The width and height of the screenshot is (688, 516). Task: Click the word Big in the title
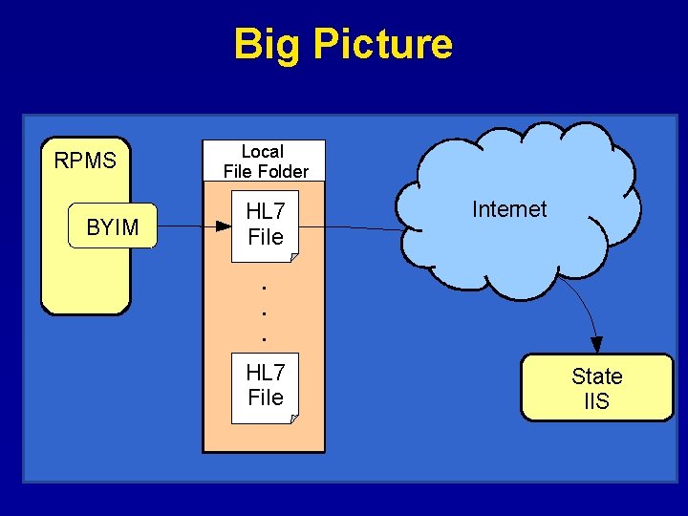[x=264, y=45]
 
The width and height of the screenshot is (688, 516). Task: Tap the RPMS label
[x=85, y=161]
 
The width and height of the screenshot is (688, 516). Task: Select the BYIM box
[x=113, y=226]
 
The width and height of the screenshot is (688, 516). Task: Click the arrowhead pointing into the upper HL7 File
[x=223, y=226]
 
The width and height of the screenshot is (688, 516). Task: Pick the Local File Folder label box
[x=264, y=161]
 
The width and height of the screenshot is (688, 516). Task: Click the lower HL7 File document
[x=265, y=386]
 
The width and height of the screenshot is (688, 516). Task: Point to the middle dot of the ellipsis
[x=264, y=312]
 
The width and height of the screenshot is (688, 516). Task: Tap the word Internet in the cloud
[x=509, y=209]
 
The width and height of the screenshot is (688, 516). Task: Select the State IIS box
[x=596, y=388]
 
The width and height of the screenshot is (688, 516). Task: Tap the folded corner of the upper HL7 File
[x=293, y=256]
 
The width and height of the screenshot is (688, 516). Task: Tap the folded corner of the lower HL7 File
[x=293, y=418]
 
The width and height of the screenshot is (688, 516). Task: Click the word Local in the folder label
[x=262, y=152]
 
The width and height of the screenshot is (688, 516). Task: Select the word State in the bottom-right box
[x=596, y=376]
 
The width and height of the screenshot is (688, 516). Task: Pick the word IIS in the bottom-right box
[x=596, y=401]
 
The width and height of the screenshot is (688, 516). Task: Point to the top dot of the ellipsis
[x=264, y=287]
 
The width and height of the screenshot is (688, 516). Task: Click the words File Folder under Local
[x=266, y=172]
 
